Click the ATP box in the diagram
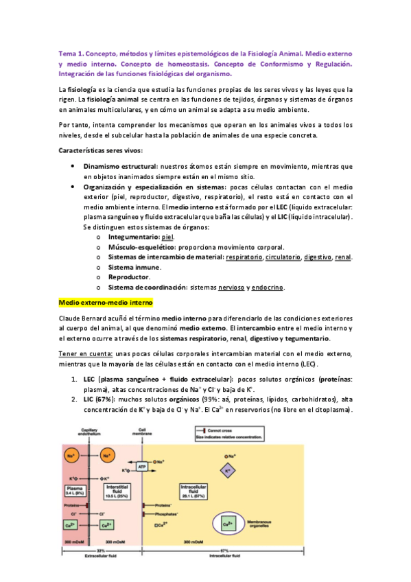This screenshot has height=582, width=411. tap(143, 466)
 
